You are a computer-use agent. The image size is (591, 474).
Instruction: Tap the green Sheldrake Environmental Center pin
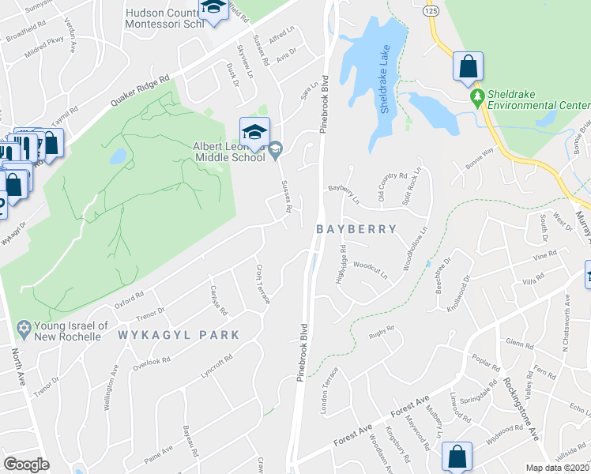[476, 98]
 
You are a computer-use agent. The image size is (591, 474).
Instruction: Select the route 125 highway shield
[430, 12]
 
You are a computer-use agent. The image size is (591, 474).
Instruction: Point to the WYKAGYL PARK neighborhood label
[179, 335]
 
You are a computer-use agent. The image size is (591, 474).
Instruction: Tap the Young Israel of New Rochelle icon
[23, 326]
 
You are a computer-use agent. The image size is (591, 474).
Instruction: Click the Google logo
[27, 464]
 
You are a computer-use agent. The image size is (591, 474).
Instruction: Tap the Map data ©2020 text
[558, 468]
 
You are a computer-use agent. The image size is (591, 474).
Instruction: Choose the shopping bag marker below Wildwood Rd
[457, 457]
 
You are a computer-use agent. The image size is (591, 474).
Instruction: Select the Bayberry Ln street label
[344, 193]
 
